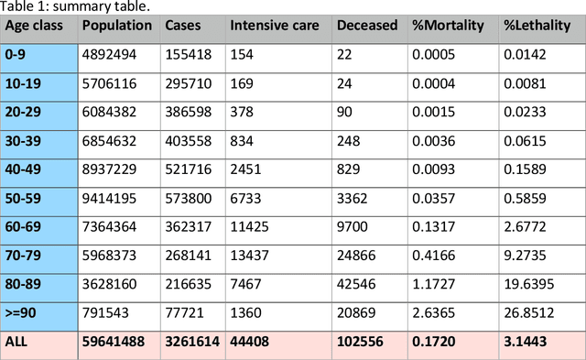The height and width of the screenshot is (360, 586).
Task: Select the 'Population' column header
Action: [116, 26]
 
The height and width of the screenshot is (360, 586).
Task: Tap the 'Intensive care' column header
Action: [274, 26]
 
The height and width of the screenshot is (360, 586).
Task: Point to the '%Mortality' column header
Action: [449, 26]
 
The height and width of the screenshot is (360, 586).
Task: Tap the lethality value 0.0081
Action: [525, 83]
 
